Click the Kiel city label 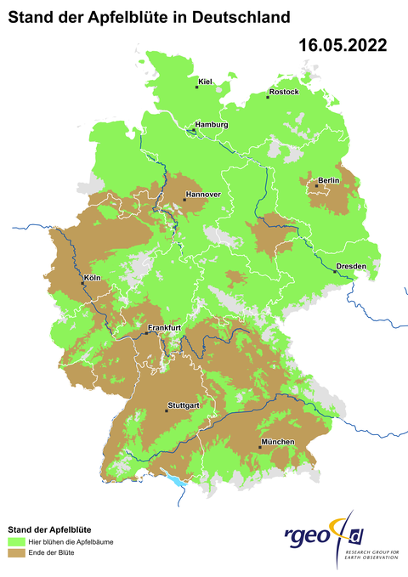pyautogui.click(x=205, y=82)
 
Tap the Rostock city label pyautogui.click(x=284, y=91)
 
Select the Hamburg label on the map pyautogui.click(x=212, y=125)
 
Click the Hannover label pyautogui.click(x=203, y=195)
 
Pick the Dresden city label pyautogui.click(x=351, y=266)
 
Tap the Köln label pyautogui.click(x=93, y=278)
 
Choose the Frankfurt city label pyautogui.click(x=164, y=328)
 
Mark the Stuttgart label pyautogui.click(x=184, y=405)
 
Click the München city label pyautogui.click(x=278, y=442)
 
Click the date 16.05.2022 pyautogui.click(x=343, y=46)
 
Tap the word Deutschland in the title pyautogui.click(x=240, y=16)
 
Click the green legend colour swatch pyautogui.click(x=17, y=540)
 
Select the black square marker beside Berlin pyautogui.click(x=316, y=185)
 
